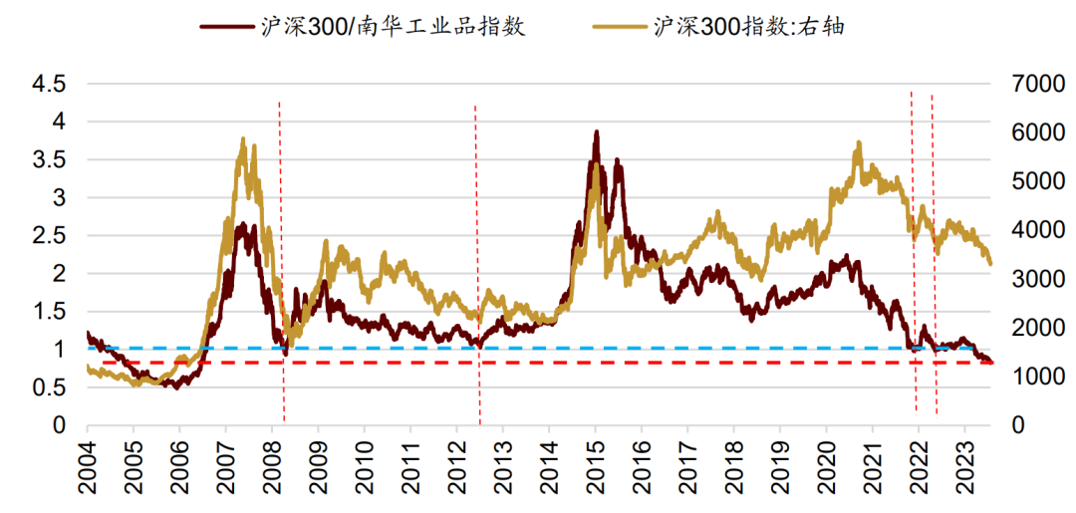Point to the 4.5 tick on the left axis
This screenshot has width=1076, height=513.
point(49,85)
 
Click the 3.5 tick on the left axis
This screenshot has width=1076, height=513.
point(49,160)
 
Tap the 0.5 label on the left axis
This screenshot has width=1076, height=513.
point(49,387)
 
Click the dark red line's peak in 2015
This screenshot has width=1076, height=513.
point(597,131)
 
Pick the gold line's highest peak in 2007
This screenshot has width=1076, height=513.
point(244,138)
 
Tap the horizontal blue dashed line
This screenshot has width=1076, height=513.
point(498,348)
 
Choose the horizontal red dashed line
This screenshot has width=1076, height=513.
point(498,363)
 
